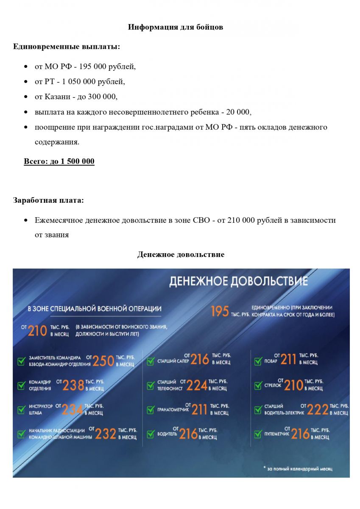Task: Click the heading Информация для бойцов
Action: pyautogui.click(x=176, y=27)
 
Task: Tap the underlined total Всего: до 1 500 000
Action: pyautogui.click(x=59, y=162)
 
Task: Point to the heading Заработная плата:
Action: pyautogui.click(x=48, y=200)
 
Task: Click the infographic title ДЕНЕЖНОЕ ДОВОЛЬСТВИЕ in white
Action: pyautogui.click(x=238, y=281)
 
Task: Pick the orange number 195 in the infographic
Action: pyautogui.click(x=220, y=312)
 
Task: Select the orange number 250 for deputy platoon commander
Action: pyautogui.click(x=103, y=361)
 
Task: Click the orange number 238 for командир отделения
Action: pyautogui.click(x=73, y=385)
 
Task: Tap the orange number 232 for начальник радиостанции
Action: pyautogui.click(x=106, y=433)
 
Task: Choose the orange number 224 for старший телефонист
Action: pyautogui.click(x=197, y=385)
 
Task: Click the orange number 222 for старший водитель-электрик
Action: pyautogui.click(x=318, y=409)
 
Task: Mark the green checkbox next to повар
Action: pyautogui.click(x=258, y=361)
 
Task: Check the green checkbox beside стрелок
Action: pyautogui.click(x=258, y=386)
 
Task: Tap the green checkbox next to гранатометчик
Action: pyautogui.click(x=150, y=410)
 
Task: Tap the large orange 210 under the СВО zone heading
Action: pyautogui.click(x=37, y=331)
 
